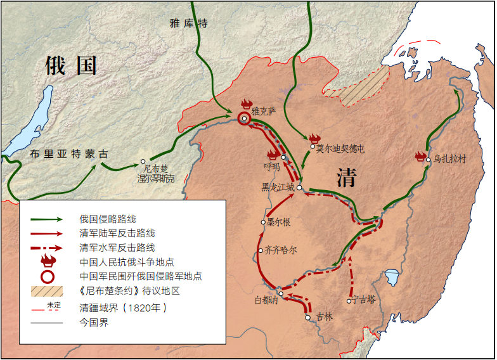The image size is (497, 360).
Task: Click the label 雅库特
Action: (x=188, y=23)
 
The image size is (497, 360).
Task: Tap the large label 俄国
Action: (x=70, y=65)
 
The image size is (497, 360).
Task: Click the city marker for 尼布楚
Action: (x=143, y=161)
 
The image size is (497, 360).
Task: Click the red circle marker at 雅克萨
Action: (x=244, y=119)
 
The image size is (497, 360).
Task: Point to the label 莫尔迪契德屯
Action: (x=340, y=149)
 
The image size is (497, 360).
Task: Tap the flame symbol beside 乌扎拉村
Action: (x=420, y=157)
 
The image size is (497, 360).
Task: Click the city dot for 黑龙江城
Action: (x=299, y=188)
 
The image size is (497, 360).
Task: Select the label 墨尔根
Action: (x=279, y=222)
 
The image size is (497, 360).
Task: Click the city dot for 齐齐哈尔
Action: (x=261, y=251)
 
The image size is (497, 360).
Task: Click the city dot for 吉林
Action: (x=308, y=318)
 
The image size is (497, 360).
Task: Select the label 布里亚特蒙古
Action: (x=69, y=154)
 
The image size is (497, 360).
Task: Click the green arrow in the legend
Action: (x=48, y=219)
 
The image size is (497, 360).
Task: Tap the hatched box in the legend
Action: (x=48, y=291)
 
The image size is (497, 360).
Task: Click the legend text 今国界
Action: (x=93, y=323)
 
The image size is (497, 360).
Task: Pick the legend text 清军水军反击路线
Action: (x=117, y=248)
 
